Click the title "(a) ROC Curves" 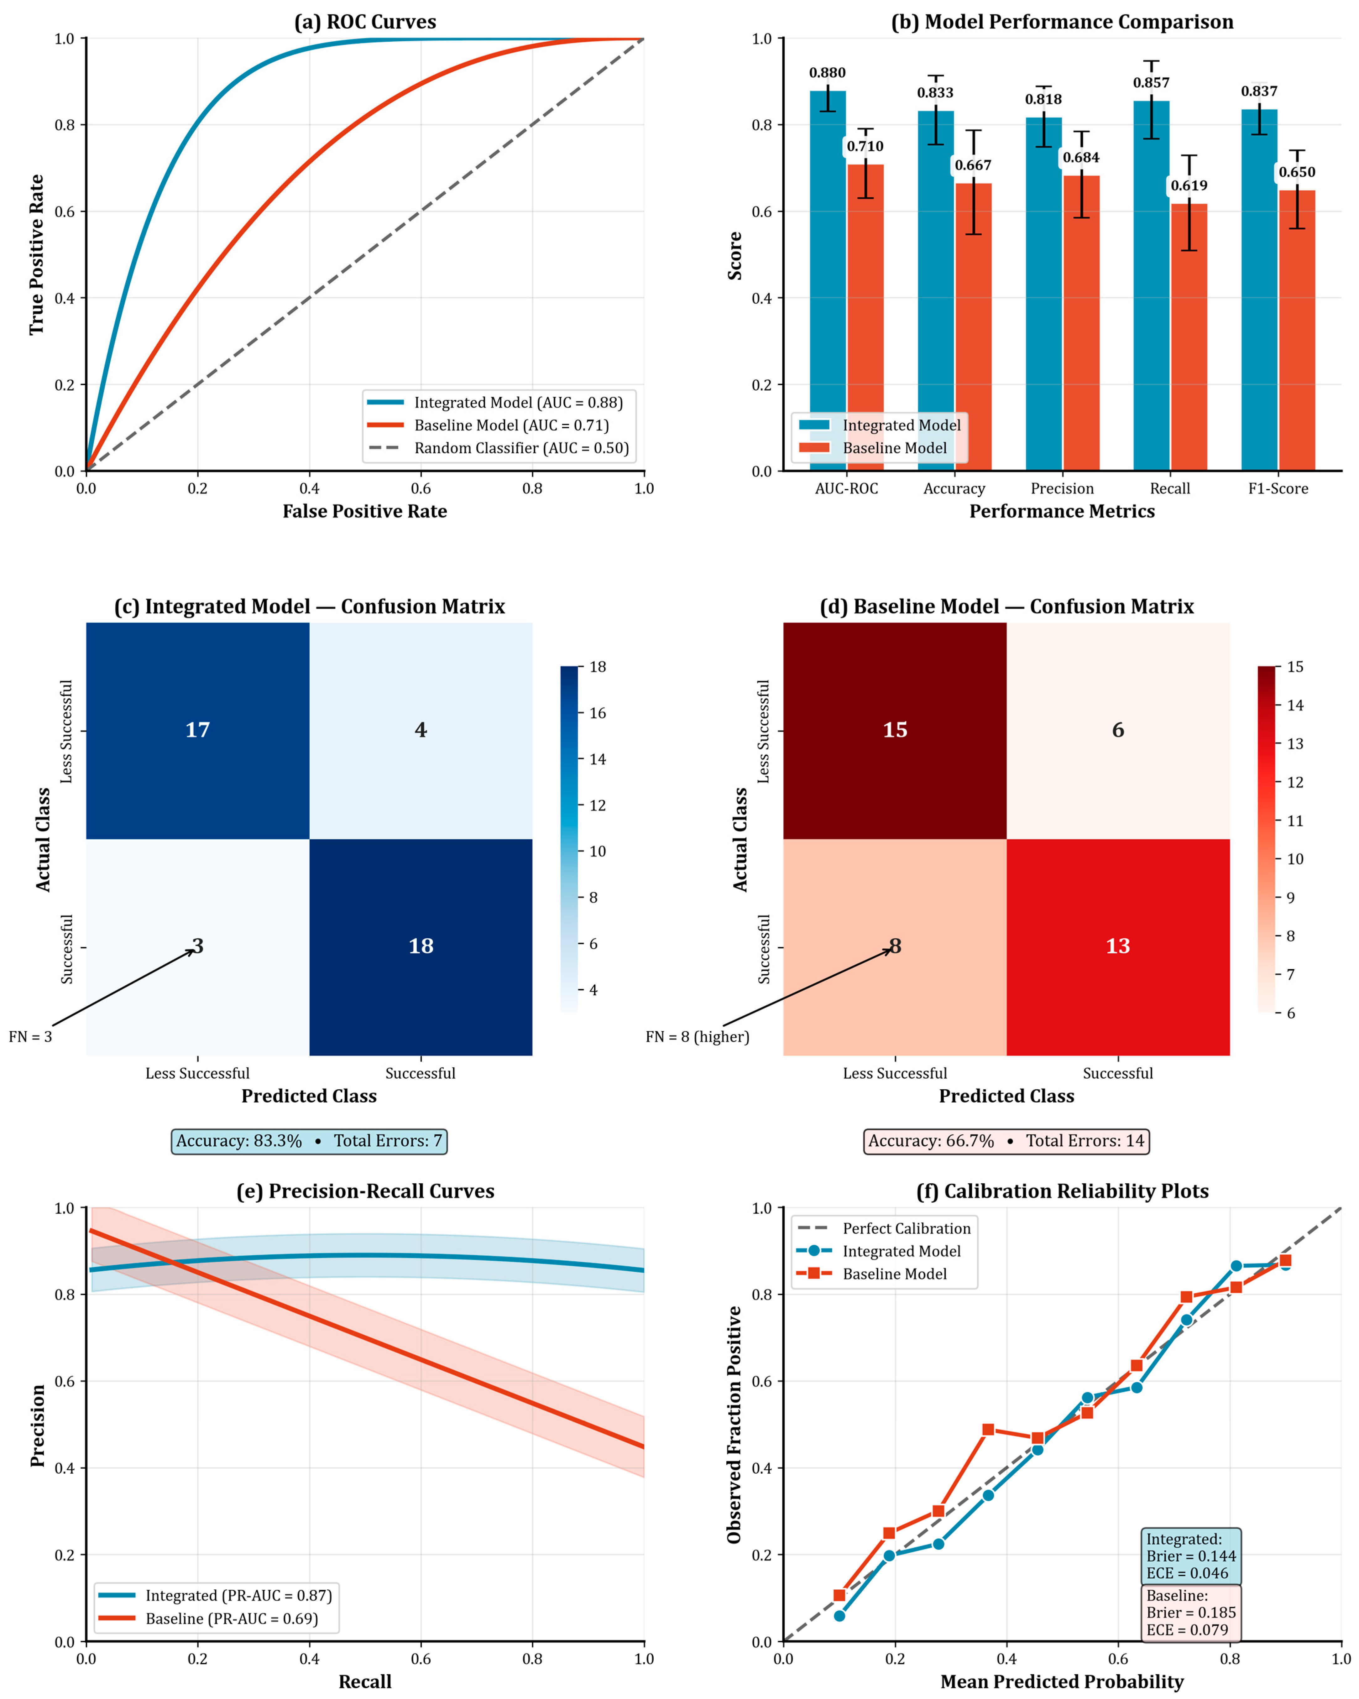365,22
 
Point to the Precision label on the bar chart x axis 1062,488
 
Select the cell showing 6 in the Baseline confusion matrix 1118,730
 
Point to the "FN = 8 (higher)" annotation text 697,1037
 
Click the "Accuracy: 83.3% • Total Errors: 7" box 309,1141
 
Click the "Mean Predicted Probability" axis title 1062,1682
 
